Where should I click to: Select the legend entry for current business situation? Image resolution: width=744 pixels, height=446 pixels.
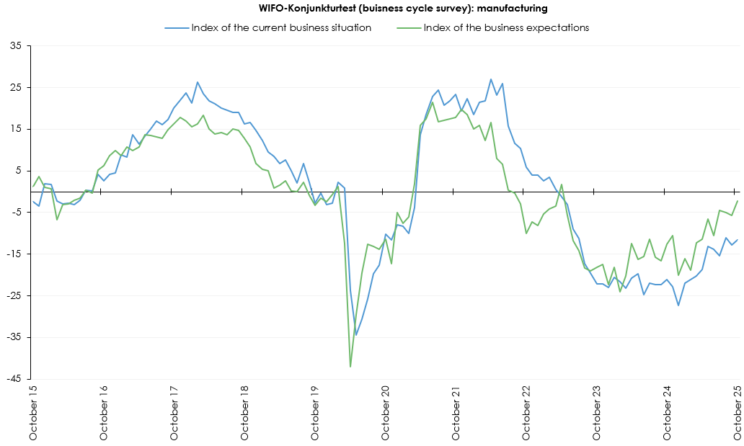click(281, 28)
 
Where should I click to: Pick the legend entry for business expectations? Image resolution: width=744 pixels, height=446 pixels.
click(506, 28)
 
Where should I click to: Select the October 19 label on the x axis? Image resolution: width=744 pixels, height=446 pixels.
click(316, 415)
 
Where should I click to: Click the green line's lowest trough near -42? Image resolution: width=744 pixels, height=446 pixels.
click(350, 367)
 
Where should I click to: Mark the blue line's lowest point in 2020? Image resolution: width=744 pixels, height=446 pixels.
click(356, 335)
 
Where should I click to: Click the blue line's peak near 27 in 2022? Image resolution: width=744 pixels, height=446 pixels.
click(491, 79)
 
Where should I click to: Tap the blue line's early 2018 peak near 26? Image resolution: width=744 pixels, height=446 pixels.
click(198, 82)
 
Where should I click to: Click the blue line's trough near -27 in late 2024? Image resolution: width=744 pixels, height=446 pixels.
click(678, 305)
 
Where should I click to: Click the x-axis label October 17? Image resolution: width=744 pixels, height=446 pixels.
click(174, 415)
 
